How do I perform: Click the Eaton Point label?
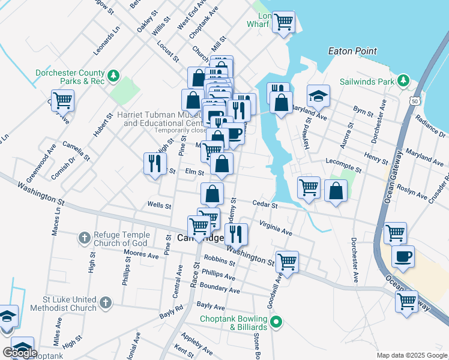click(352, 52)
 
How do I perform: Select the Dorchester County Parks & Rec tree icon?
click(113, 76)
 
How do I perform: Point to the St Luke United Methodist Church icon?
click(106, 304)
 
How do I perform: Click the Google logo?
click(20, 353)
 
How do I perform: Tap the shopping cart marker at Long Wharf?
click(283, 23)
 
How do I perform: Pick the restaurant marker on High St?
click(155, 163)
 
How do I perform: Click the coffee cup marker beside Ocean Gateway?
click(402, 256)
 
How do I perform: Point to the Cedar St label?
click(265, 205)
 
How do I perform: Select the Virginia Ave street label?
click(276, 227)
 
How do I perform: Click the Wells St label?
click(159, 205)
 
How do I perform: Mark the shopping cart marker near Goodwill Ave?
click(288, 261)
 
